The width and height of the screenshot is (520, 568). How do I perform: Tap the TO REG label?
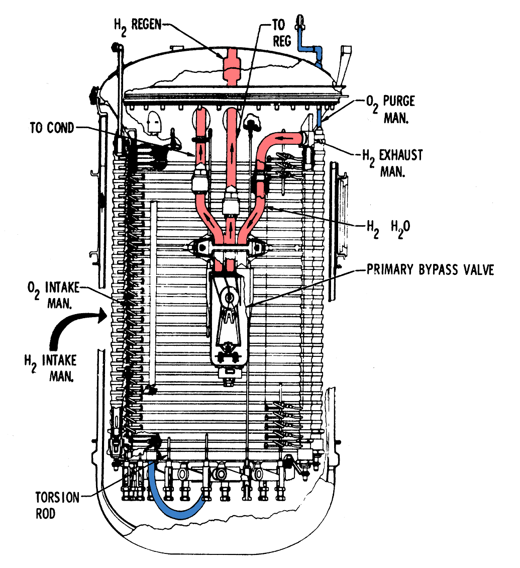click(x=282, y=33)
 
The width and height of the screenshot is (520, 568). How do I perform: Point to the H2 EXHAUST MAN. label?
click(x=392, y=162)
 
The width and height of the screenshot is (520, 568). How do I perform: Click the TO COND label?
click(x=51, y=128)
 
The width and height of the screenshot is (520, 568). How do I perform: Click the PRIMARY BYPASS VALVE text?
click(x=430, y=270)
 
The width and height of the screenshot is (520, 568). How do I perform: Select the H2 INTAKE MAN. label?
click(x=50, y=368)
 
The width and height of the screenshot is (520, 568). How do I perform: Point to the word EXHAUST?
click(x=401, y=155)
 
